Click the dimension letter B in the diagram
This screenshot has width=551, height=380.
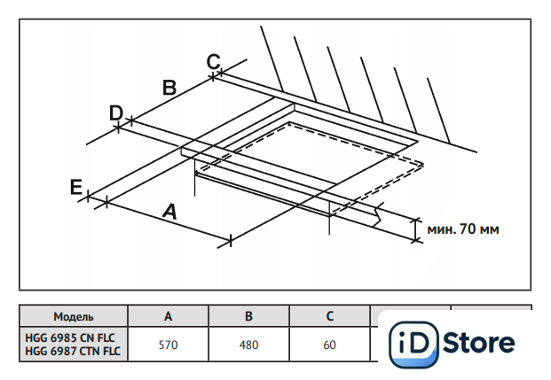click(x=169, y=87)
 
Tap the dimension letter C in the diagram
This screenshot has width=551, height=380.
click(x=213, y=61)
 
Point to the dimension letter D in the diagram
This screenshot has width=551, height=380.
click(x=115, y=112)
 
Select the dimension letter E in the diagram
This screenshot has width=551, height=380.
click(x=76, y=187)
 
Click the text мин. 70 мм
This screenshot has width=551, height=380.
click(x=463, y=229)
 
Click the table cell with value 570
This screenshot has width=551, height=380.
click(x=168, y=345)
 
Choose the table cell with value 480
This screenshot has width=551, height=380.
click(x=248, y=345)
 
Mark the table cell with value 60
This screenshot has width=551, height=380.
click(x=329, y=345)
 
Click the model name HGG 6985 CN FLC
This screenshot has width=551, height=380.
click(x=74, y=337)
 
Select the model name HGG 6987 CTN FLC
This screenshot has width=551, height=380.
click(x=74, y=352)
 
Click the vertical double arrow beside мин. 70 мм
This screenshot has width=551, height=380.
click(x=416, y=228)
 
